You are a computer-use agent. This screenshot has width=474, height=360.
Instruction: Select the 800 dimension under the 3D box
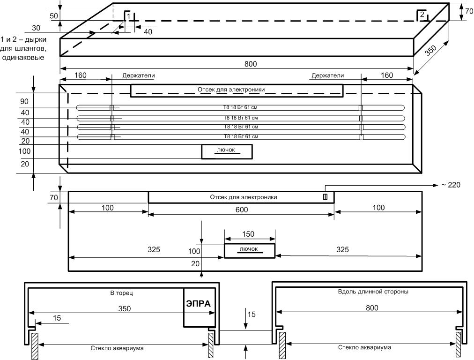(251, 64)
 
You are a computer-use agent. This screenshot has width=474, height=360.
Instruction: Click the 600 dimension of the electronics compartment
(242, 210)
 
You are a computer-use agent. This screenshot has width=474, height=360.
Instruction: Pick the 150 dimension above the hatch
(250, 234)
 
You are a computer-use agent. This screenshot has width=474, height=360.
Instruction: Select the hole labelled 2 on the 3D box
(422, 15)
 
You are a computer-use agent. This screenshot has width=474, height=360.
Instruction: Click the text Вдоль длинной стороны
(372, 291)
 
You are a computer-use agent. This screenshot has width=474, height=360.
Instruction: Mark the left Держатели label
(139, 75)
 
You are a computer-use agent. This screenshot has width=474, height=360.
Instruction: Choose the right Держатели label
(327, 75)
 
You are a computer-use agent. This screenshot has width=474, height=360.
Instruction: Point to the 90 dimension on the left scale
(24, 101)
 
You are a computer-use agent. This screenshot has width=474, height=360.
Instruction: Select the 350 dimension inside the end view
(124, 308)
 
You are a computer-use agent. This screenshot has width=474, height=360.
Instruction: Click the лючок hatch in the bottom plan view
(249, 250)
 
